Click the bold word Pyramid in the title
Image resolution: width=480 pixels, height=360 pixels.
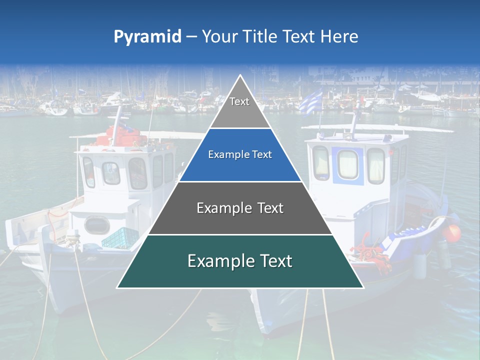(x=147, y=37)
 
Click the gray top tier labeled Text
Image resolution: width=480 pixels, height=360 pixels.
(x=239, y=107)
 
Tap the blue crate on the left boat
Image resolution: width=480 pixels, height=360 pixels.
(x=120, y=237)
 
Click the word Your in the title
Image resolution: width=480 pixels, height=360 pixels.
(x=218, y=36)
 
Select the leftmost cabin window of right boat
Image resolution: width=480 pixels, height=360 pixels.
(x=320, y=163)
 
